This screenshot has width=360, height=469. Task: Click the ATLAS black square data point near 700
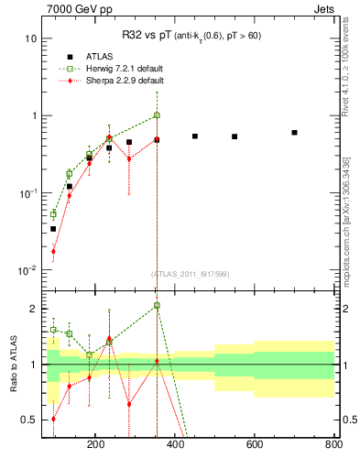[x=294, y=133]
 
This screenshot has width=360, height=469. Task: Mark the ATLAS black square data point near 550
[x=235, y=136]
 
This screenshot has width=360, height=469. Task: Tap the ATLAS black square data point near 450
[x=195, y=136]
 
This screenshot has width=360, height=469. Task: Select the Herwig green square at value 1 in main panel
[x=157, y=115]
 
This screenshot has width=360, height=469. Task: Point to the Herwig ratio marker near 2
[x=157, y=305]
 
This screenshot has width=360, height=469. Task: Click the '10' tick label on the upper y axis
[x=31, y=38]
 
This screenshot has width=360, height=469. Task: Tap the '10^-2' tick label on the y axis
[x=27, y=270]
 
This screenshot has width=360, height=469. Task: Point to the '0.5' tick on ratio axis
[x=29, y=420]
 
